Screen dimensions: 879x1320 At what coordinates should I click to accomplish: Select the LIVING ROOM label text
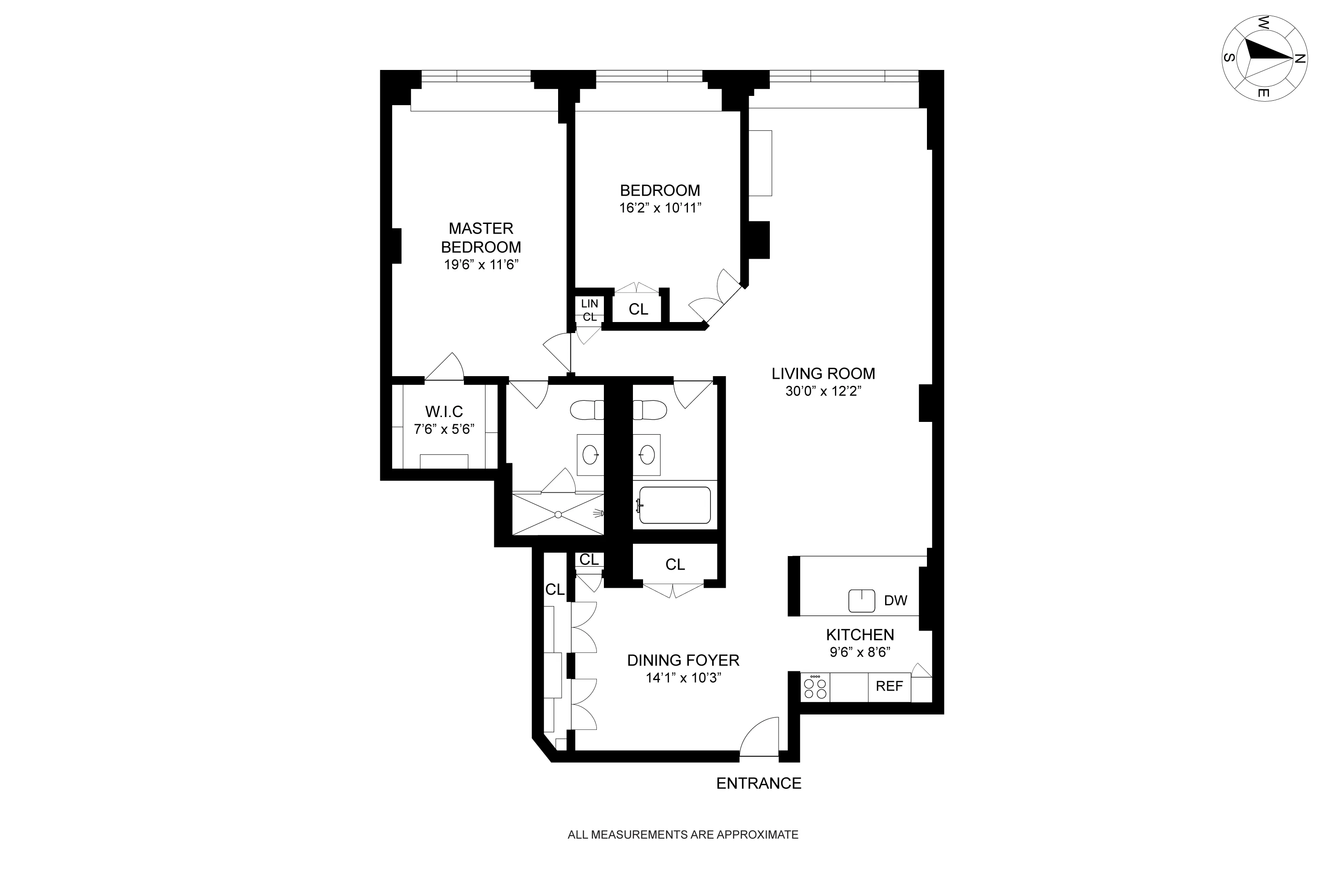tap(823, 374)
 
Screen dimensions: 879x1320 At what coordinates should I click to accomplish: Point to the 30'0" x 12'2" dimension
tap(823, 391)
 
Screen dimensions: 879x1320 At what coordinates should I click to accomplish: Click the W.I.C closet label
tap(444, 411)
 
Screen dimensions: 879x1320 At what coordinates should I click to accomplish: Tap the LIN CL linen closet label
tap(589, 310)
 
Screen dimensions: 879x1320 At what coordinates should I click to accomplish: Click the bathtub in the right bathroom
tap(675, 505)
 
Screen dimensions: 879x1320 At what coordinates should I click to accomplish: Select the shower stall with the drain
tap(558, 514)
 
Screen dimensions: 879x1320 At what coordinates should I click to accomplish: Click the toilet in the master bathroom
tap(586, 410)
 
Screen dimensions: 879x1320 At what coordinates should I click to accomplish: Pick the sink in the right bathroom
tap(647, 454)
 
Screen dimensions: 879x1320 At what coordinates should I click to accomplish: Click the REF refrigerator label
tap(889, 686)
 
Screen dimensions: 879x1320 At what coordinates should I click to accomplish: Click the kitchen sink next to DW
tap(861, 601)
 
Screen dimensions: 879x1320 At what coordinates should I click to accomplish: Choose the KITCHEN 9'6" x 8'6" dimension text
tap(860, 652)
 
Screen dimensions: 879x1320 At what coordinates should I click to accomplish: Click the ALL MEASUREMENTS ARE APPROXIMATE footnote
tap(682, 835)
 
